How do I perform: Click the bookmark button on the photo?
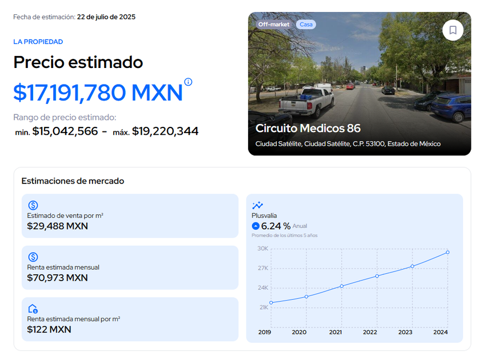453,30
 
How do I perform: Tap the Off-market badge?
273,25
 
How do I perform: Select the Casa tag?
306,25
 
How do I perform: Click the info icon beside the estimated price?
188,82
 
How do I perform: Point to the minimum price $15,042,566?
65,131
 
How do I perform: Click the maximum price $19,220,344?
165,131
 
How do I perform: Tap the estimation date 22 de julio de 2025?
106,17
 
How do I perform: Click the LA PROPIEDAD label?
38,42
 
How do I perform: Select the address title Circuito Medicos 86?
308,128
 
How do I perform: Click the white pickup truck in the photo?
306,102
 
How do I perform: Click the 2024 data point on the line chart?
447,252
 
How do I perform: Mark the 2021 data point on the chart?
342,286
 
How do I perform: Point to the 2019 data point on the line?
271,303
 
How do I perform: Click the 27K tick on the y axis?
263,268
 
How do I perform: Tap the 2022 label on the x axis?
370,332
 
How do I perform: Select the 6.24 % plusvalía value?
275,226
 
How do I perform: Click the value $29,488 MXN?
57,226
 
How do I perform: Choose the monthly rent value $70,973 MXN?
57,278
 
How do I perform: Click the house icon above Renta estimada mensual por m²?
33,309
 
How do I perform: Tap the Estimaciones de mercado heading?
73,181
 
